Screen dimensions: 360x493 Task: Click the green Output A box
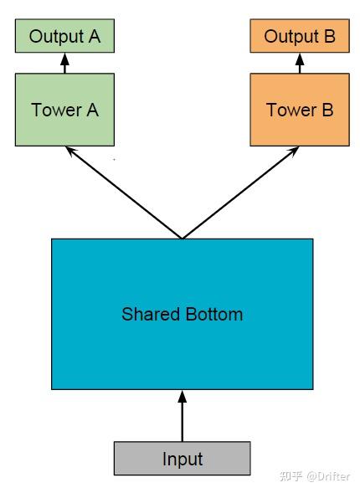pyautogui.click(x=64, y=36)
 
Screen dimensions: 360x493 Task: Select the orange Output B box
pyautogui.click(x=300, y=36)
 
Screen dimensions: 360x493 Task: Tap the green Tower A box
pyautogui.click(x=64, y=110)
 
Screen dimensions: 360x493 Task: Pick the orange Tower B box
pyautogui.click(x=300, y=110)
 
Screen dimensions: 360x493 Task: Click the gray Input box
pyautogui.click(x=182, y=458)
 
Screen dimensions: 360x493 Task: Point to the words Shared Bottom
pyautogui.click(x=182, y=314)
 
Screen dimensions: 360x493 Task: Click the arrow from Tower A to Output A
pyautogui.click(x=64, y=64)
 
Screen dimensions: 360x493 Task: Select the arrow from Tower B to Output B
pyautogui.click(x=300, y=64)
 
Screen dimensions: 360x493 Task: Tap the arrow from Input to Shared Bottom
pyautogui.click(x=182, y=416)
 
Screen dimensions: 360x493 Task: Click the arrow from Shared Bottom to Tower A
pyautogui.click(x=124, y=193)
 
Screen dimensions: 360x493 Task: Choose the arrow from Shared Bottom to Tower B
pyautogui.click(x=240, y=193)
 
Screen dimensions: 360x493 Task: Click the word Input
pyautogui.click(x=183, y=460)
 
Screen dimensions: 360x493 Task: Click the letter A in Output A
pyautogui.click(x=95, y=36)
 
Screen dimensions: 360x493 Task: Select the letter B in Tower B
pyautogui.click(x=327, y=110)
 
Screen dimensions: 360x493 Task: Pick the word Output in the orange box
pyautogui.click(x=291, y=37)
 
